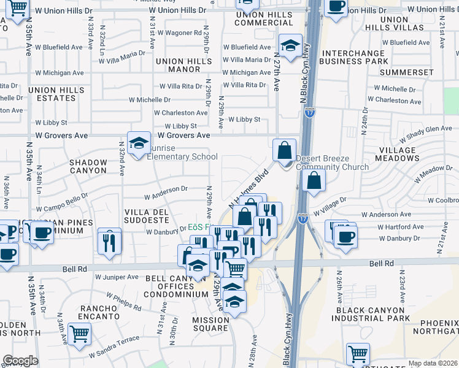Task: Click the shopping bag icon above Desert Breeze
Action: coord(285,150)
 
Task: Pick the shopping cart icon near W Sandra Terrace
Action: coord(80,334)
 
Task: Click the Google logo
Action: coord(20,361)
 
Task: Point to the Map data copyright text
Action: coord(433,363)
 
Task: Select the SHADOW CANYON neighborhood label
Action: coord(88,167)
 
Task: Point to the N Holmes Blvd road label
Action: coord(249,188)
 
